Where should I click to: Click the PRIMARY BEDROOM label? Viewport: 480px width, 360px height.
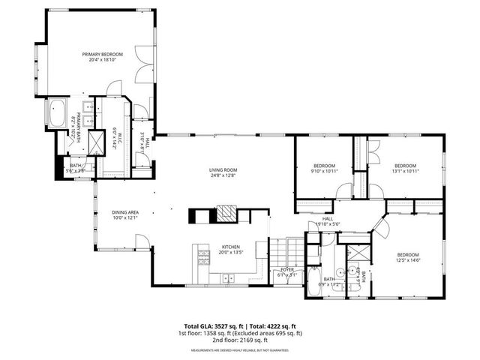[101, 54]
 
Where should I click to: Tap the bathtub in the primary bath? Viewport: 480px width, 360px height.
[57, 113]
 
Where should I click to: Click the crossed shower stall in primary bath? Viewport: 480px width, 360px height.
[96, 142]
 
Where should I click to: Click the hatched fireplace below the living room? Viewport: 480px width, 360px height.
[226, 215]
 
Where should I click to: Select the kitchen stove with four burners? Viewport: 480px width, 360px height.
[202, 257]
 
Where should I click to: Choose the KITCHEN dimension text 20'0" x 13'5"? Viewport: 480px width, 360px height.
[230, 253]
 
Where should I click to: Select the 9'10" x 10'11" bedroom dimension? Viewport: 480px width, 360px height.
[324, 171]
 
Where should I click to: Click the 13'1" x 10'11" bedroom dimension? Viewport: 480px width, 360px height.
[405, 171]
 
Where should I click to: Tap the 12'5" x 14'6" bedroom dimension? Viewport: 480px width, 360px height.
[407, 260]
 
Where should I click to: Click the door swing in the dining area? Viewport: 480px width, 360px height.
[142, 241]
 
